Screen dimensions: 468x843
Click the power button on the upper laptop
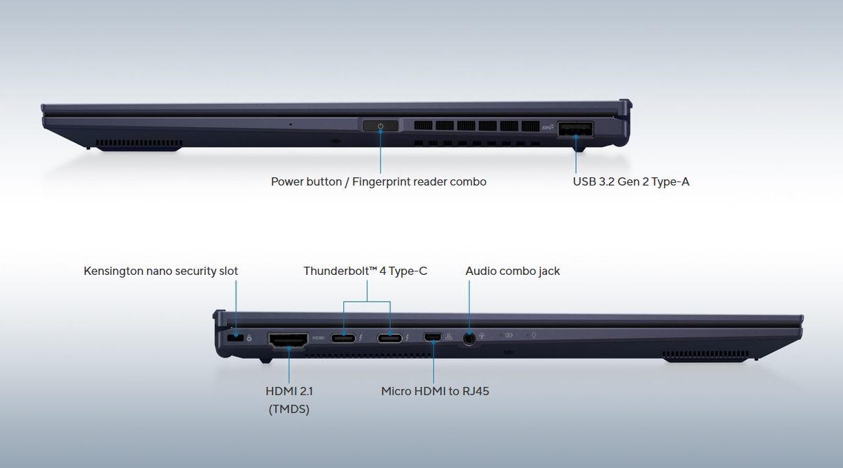(x=381, y=126)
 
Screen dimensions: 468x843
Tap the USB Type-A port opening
(x=576, y=127)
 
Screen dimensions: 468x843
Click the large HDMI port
(x=288, y=339)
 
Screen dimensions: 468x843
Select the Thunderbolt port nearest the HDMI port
(x=343, y=337)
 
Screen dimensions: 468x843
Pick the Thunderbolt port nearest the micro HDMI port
(x=390, y=337)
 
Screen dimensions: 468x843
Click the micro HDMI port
(x=433, y=337)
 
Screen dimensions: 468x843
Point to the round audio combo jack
(x=469, y=337)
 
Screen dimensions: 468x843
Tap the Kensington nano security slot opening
(x=235, y=337)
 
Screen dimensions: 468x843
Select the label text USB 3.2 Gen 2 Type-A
(x=631, y=182)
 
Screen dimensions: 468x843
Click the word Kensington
(x=114, y=271)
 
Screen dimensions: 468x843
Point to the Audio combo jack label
(x=513, y=271)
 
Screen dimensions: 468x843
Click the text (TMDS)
(x=288, y=410)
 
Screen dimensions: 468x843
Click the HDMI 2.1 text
(x=289, y=392)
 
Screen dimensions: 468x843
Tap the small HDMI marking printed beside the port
(x=319, y=337)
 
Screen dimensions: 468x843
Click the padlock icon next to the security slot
(x=248, y=337)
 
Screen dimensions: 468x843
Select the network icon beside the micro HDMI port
(x=449, y=337)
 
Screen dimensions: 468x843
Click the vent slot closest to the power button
(x=423, y=126)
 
